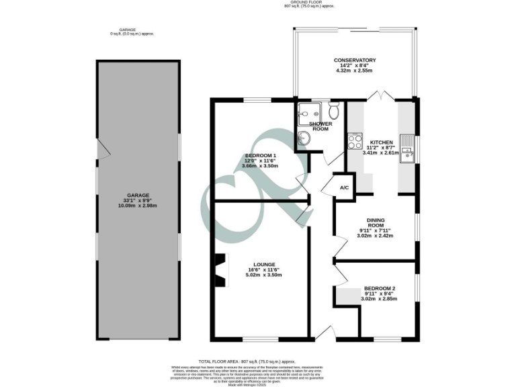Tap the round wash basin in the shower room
click(304, 138)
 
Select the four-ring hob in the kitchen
click(354, 142)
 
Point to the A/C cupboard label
click(344, 187)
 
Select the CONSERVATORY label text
click(354, 60)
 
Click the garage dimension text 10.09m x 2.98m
click(138, 206)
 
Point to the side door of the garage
click(100, 151)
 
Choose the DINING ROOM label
click(376, 223)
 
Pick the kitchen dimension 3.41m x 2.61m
click(380, 153)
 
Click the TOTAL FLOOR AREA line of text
click(258, 361)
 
